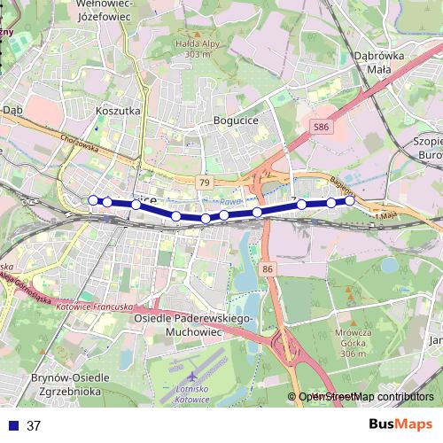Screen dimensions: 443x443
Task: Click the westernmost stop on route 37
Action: coord(93,200)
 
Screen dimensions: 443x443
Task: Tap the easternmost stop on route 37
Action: coord(350,200)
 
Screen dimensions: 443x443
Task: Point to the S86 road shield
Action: coord(321,128)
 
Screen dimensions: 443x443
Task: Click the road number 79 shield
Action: coord(205,183)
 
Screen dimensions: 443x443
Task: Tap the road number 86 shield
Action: coord(268,268)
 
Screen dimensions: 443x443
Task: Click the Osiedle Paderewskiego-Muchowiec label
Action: coord(193,325)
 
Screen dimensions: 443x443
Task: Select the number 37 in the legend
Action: coord(35,425)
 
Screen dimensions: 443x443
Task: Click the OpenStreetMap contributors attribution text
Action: coord(366,397)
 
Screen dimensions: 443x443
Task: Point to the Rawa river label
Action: coord(231,203)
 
